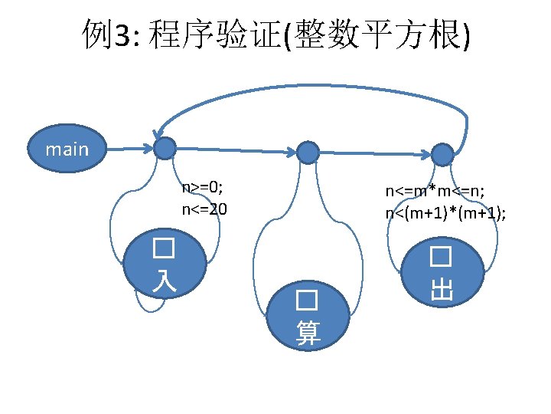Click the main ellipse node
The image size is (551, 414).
click(67, 148)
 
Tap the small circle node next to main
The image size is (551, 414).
click(165, 149)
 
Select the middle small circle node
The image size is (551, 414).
click(308, 152)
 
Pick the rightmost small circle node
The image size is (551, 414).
click(442, 154)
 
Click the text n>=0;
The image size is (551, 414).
click(202, 189)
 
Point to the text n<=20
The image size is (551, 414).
click(204, 208)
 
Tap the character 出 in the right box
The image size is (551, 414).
click(442, 288)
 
